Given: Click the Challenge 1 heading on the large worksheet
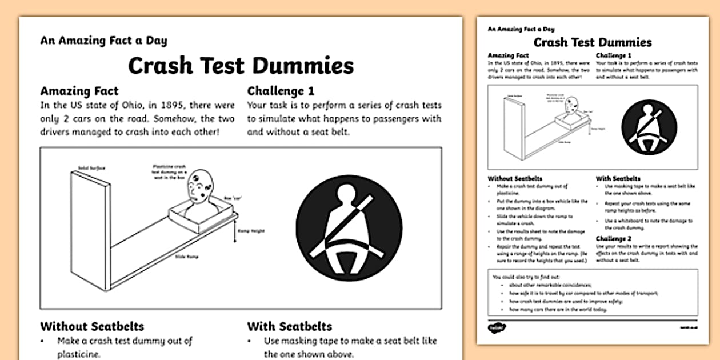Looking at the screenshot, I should (281, 91).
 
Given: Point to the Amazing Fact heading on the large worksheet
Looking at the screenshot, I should (79, 91).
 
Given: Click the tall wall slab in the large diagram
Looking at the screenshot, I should (90, 229).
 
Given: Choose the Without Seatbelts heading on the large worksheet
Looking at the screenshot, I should (92, 327).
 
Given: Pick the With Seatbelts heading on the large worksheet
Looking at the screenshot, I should (289, 327).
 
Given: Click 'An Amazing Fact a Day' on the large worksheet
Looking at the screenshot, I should (103, 41).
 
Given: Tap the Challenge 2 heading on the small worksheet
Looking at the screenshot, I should (614, 238).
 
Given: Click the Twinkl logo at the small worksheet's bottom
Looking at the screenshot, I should (494, 327).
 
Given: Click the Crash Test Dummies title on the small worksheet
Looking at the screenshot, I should (592, 42).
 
